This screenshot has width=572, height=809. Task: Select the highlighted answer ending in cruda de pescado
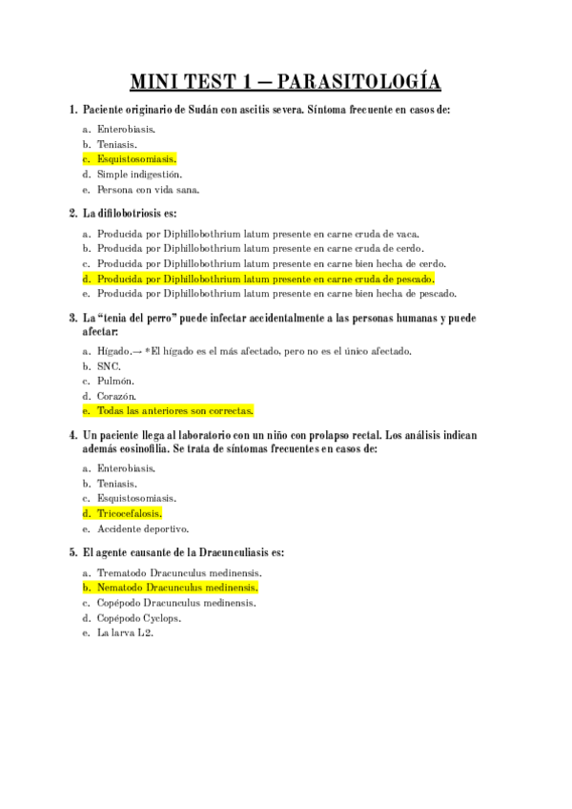pos(265,279)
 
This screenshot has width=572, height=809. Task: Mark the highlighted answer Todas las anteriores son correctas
pos(174,411)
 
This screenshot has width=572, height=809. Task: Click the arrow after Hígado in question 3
pos(138,351)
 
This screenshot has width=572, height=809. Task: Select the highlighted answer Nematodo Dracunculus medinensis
pos(177,588)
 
